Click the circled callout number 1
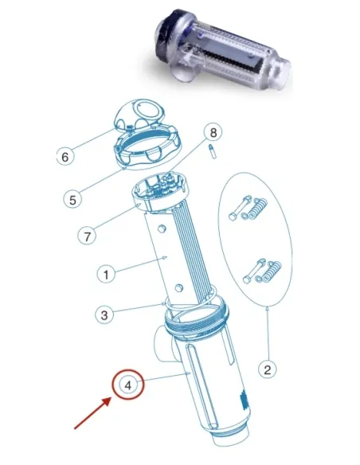pyautogui.click(x=105, y=274)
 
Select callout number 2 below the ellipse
pyautogui.click(x=269, y=369)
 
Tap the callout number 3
pyautogui.click(x=105, y=315)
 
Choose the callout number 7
pyautogui.click(x=88, y=236)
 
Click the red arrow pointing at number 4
pyautogui.click(x=92, y=416)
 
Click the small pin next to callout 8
pyautogui.click(x=211, y=151)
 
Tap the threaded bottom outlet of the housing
pyautogui.click(x=231, y=447)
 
